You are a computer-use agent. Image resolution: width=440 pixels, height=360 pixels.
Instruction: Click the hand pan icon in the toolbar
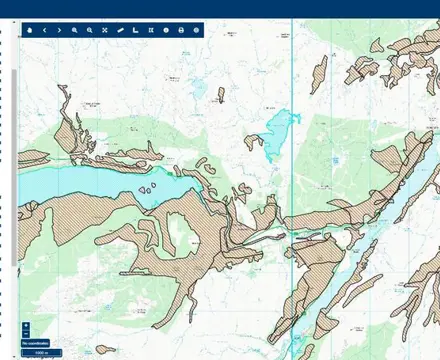pos(29,30)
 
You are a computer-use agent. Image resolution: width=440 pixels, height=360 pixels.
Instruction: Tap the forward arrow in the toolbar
pos(59,30)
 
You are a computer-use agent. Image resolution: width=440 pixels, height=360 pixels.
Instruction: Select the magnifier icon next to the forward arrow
pos(74,30)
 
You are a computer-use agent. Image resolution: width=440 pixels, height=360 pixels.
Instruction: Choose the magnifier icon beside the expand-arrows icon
pos(89,30)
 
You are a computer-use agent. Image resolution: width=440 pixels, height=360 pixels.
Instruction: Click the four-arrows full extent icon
pos(104,30)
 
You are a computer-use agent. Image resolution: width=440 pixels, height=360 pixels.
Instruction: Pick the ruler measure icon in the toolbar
pos(119,30)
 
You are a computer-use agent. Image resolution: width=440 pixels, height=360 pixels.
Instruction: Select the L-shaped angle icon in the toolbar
pos(134,30)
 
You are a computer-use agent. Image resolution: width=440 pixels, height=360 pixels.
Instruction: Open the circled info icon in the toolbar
pos(166,30)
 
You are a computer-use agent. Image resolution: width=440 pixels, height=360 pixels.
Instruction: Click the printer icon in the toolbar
pos(181,30)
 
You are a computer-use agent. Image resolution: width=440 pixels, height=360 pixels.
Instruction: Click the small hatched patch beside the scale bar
pos(104,350)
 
